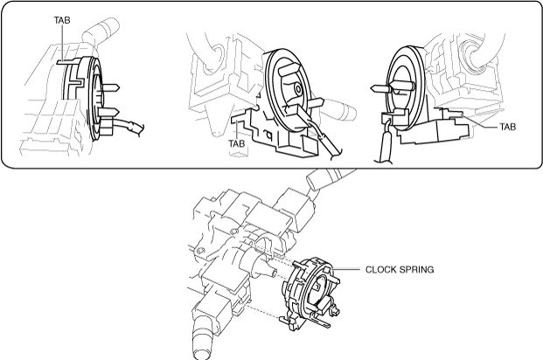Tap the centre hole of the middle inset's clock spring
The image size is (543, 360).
(x=298, y=87)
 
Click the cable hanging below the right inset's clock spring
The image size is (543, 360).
(x=382, y=149)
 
